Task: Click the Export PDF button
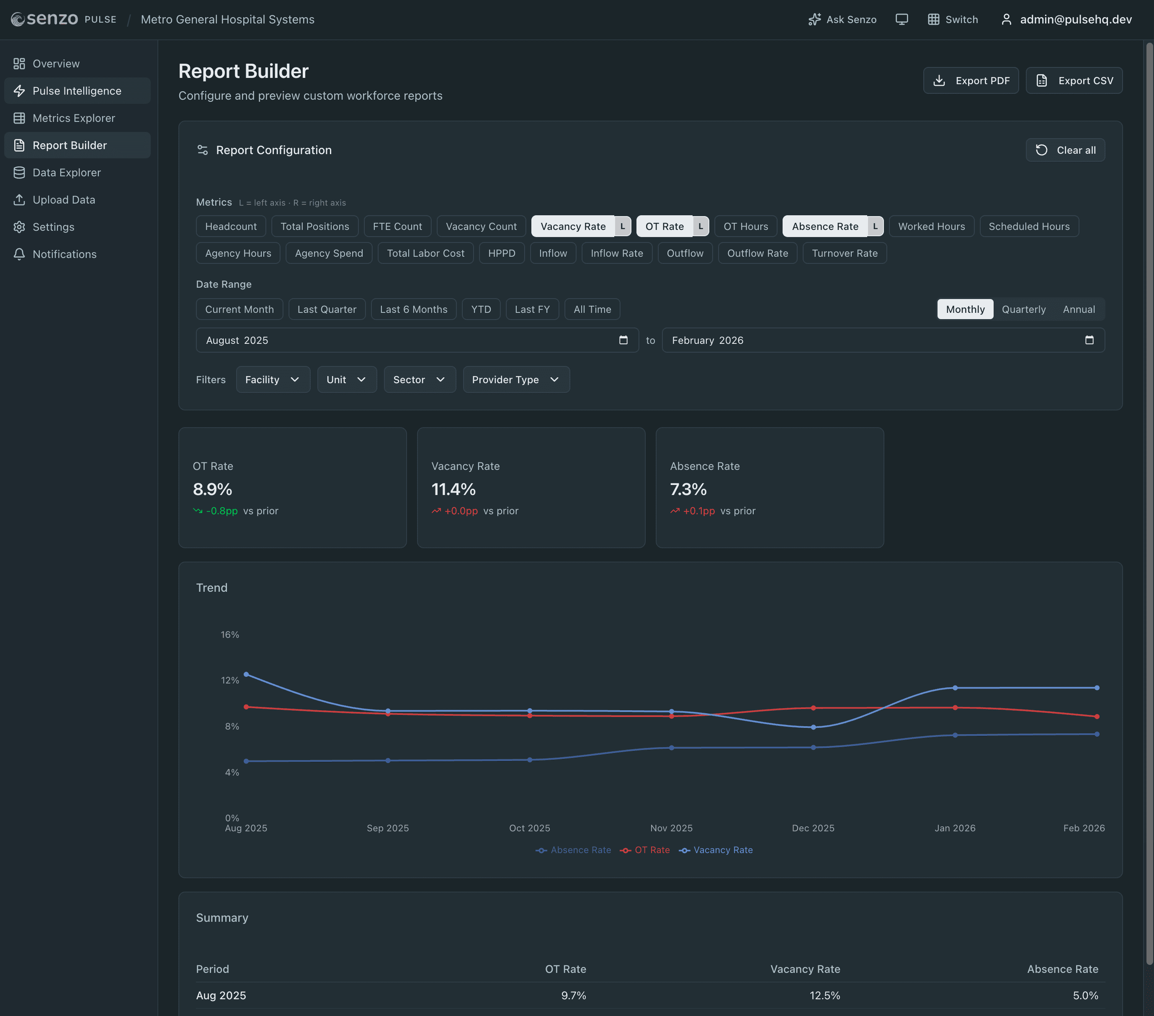[x=971, y=81]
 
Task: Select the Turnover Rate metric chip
[x=844, y=253]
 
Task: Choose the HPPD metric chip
[x=501, y=253]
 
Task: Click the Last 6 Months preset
[x=413, y=309]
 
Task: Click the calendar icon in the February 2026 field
[x=1089, y=340]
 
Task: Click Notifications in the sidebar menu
[x=64, y=255]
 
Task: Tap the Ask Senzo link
[x=842, y=20]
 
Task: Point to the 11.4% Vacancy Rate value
[x=453, y=490]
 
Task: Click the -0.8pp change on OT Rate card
[x=222, y=511]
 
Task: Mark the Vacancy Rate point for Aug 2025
[x=246, y=674]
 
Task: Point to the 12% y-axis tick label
[x=230, y=681]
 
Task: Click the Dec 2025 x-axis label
[x=812, y=828]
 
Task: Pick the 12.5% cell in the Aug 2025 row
[x=824, y=995]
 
